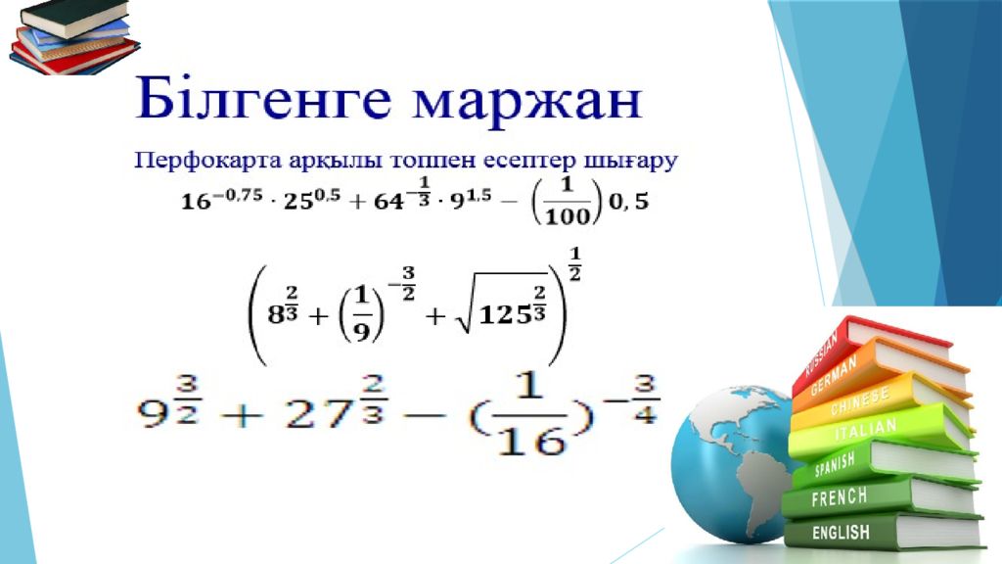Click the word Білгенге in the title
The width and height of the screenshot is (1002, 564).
coord(262,100)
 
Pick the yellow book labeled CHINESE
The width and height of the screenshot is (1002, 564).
coord(882,399)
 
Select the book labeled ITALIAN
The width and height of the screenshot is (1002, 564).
coord(882,432)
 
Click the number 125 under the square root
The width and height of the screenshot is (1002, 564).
coord(504,314)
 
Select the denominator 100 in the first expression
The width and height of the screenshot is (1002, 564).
coord(567,216)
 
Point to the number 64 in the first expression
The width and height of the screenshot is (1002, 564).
coord(388,202)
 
